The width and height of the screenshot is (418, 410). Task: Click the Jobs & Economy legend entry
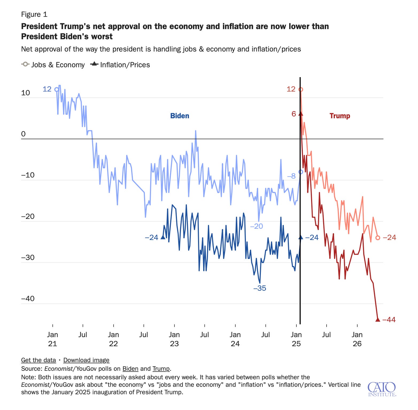[53, 65]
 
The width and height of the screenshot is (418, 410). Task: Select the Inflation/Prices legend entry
[120, 65]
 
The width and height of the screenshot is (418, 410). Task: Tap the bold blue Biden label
[180, 116]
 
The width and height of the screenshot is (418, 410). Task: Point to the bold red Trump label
[340, 116]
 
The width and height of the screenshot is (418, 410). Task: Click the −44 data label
[389, 320]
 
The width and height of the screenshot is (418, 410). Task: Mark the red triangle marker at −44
[378, 319]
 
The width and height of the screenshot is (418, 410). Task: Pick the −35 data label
[260, 288]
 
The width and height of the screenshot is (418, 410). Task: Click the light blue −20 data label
[257, 226]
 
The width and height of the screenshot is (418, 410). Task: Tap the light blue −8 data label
[291, 176]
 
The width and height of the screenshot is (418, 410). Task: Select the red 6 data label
[294, 114]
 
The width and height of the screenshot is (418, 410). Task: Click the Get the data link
[38, 360]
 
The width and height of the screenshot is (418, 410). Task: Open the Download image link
[86, 360]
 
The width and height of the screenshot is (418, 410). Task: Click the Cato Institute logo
[382, 389]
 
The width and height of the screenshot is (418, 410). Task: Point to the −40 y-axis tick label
[28, 298]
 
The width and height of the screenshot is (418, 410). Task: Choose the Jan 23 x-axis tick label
[174, 339]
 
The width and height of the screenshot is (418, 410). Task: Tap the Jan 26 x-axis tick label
[357, 339]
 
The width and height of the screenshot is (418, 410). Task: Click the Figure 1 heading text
[34, 14]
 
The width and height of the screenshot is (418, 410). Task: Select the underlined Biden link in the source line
[130, 369]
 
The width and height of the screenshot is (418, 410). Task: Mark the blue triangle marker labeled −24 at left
[163, 237]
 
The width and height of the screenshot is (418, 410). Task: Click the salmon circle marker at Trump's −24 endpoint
[378, 238]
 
